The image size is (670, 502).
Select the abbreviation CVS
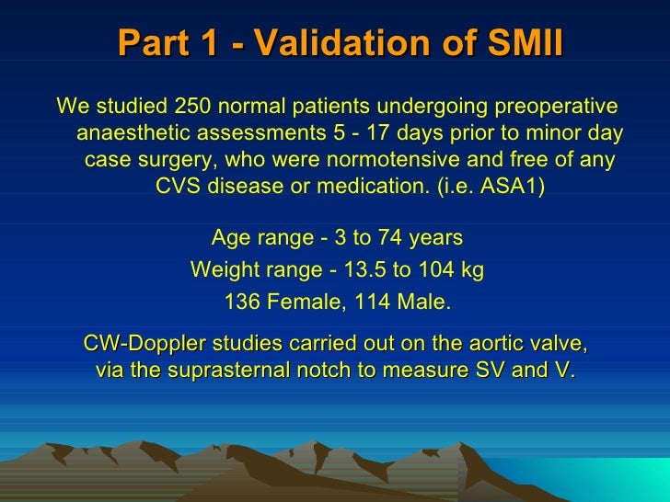[179, 187]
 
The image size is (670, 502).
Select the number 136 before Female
[242, 302]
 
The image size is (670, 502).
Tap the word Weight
[221, 270]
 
